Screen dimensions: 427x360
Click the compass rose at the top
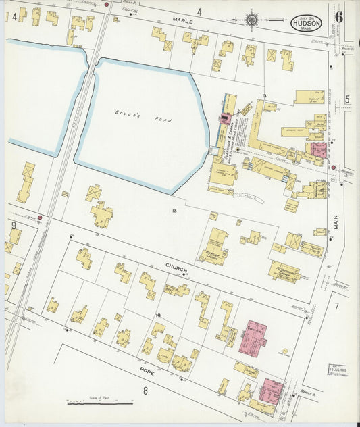[251, 20]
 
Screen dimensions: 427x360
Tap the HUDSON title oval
[306, 24]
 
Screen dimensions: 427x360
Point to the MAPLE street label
[182, 22]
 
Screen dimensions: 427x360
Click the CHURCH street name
[176, 267]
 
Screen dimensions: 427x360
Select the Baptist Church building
[215, 246]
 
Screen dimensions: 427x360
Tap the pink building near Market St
[272, 389]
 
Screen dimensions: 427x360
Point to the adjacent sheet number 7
[336, 306]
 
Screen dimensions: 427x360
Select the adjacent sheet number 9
[13, 225]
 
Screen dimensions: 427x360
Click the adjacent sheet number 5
[347, 100]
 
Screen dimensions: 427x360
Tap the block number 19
[158, 316]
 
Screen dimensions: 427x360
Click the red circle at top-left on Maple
[107, 5]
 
